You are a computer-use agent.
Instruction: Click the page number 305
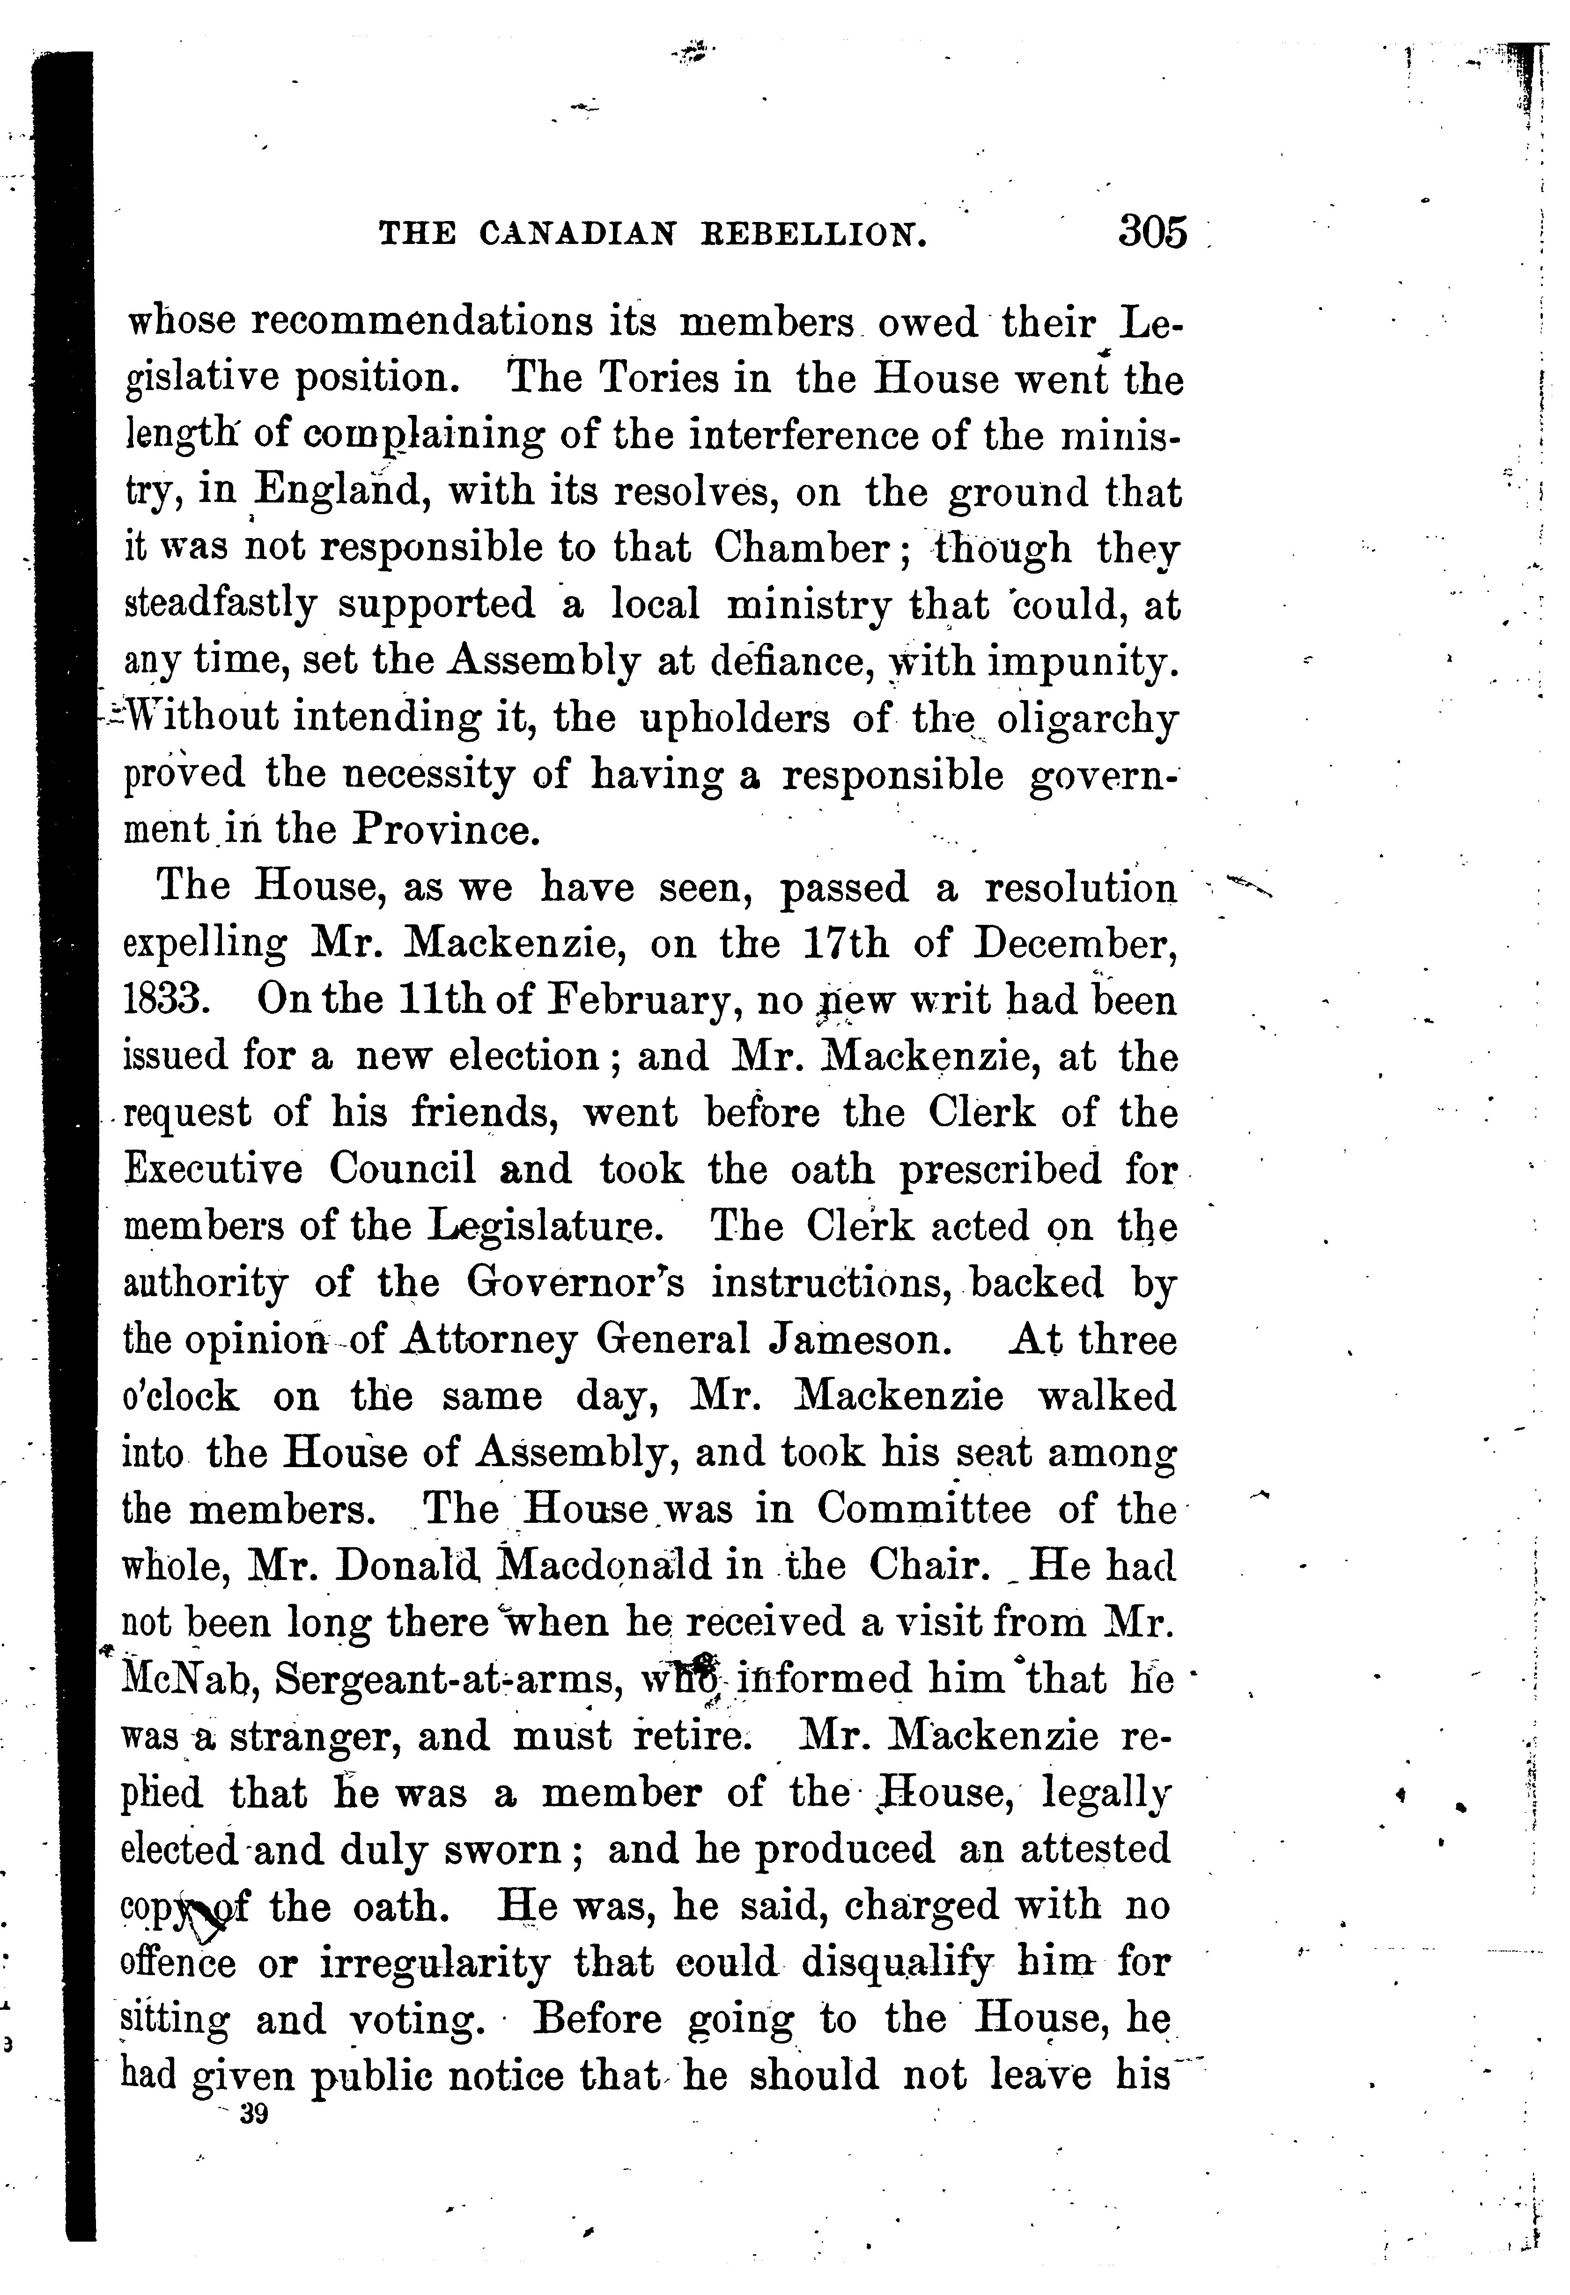(x=1152, y=234)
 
